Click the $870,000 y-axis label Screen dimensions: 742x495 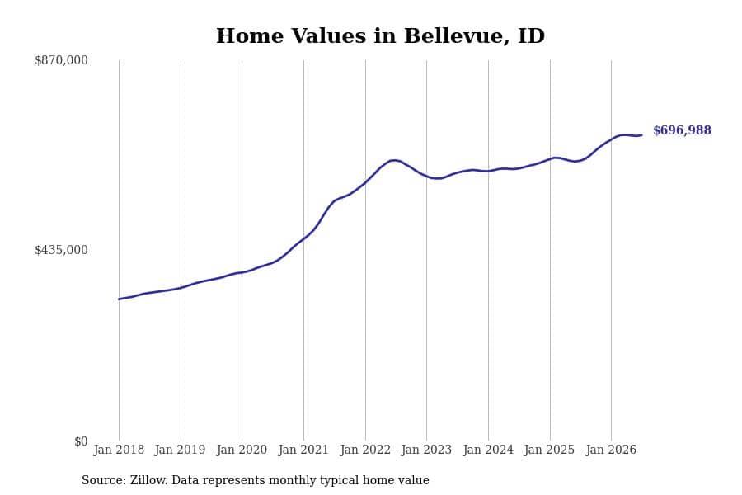click(x=61, y=60)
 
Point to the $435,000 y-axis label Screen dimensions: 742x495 click(x=61, y=250)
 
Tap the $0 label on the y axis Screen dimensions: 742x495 click(x=81, y=441)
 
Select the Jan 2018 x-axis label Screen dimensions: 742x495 click(x=119, y=450)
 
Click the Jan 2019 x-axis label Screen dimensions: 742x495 click(x=180, y=450)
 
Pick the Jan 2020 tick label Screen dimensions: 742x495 click(x=242, y=450)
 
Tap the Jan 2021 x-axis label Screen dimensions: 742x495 click(x=303, y=450)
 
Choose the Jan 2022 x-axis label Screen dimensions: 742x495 click(x=365, y=450)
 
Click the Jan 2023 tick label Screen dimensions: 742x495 click(x=426, y=450)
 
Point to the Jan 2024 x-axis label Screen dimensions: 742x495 click(x=488, y=450)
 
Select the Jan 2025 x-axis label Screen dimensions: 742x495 click(x=549, y=450)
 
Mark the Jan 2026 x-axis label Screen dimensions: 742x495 click(x=611, y=450)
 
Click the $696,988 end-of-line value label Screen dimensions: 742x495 click(x=682, y=130)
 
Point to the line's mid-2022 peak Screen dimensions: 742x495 click(x=394, y=160)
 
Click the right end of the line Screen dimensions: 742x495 click(x=641, y=135)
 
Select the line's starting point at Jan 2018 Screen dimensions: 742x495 click(x=119, y=299)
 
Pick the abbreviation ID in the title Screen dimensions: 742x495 click(x=532, y=36)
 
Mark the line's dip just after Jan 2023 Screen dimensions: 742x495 click(x=439, y=178)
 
